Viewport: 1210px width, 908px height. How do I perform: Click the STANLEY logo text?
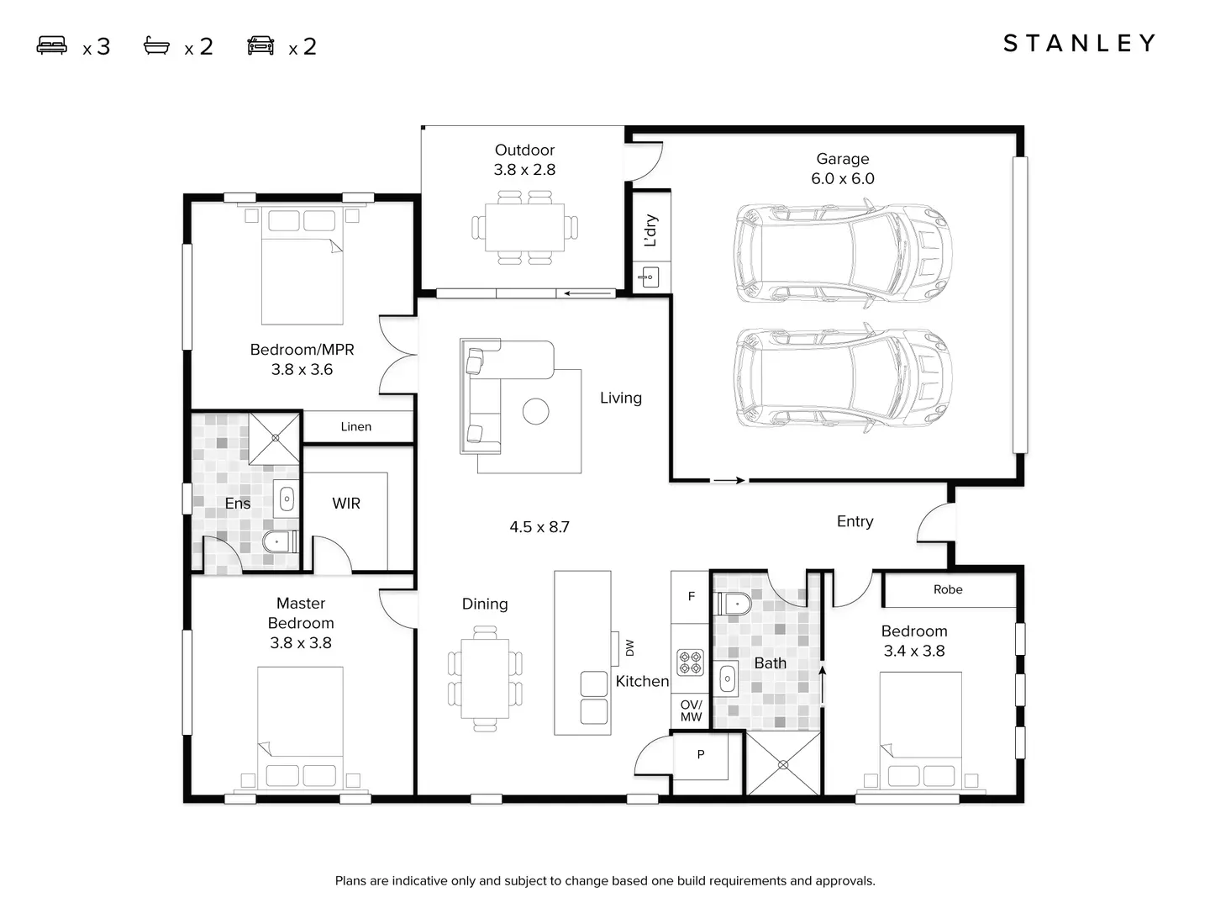(x=1080, y=44)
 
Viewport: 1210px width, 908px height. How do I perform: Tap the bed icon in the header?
(x=52, y=45)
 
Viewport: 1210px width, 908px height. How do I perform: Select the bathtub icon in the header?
(x=156, y=45)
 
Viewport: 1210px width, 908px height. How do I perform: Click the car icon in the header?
(x=260, y=45)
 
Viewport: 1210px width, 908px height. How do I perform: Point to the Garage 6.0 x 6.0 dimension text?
(x=843, y=178)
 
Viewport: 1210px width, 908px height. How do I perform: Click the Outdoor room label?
(x=524, y=150)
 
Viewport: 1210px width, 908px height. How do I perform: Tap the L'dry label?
(x=650, y=230)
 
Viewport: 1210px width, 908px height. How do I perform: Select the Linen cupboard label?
(x=356, y=427)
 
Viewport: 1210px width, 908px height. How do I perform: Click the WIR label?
(x=346, y=504)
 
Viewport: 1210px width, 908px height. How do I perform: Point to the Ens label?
(x=238, y=504)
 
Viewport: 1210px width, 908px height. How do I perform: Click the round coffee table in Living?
(x=536, y=411)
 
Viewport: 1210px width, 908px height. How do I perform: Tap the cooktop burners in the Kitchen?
(x=691, y=663)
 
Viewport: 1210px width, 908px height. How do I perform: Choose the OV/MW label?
(x=691, y=711)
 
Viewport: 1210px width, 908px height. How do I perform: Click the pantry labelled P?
(x=701, y=755)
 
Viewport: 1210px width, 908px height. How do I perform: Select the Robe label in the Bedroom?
(x=948, y=590)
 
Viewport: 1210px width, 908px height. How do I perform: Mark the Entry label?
(x=855, y=522)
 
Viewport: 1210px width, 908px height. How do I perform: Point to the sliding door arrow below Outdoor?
(x=589, y=293)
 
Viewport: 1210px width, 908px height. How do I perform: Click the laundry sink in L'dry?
(x=650, y=277)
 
